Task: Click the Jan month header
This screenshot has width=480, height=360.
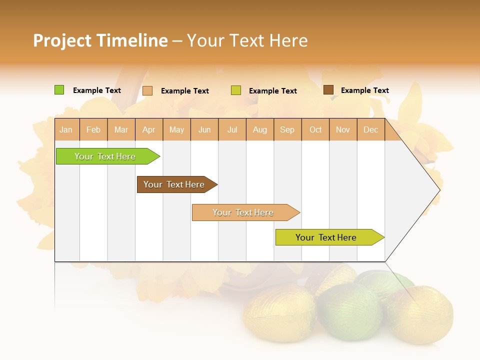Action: click(x=66, y=129)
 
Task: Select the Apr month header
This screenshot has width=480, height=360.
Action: click(x=149, y=129)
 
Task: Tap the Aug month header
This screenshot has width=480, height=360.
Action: click(x=260, y=129)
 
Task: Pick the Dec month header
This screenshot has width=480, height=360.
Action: click(x=371, y=129)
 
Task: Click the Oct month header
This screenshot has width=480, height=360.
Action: click(x=315, y=129)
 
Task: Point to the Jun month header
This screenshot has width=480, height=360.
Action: click(x=204, y=129)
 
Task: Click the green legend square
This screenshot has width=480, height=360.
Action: click(x=59, y=90)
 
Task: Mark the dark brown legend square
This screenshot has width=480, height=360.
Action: click(x=328, y=90)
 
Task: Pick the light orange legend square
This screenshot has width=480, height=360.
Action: click(x=147, y=90)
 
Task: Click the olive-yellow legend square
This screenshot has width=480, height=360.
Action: click(x=236, y=90)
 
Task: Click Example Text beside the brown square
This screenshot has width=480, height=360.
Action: click(x=364, y=90)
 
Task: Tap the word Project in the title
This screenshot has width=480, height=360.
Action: click(x=62, y=40)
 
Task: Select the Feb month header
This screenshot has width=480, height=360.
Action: click(x=93, y=129)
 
